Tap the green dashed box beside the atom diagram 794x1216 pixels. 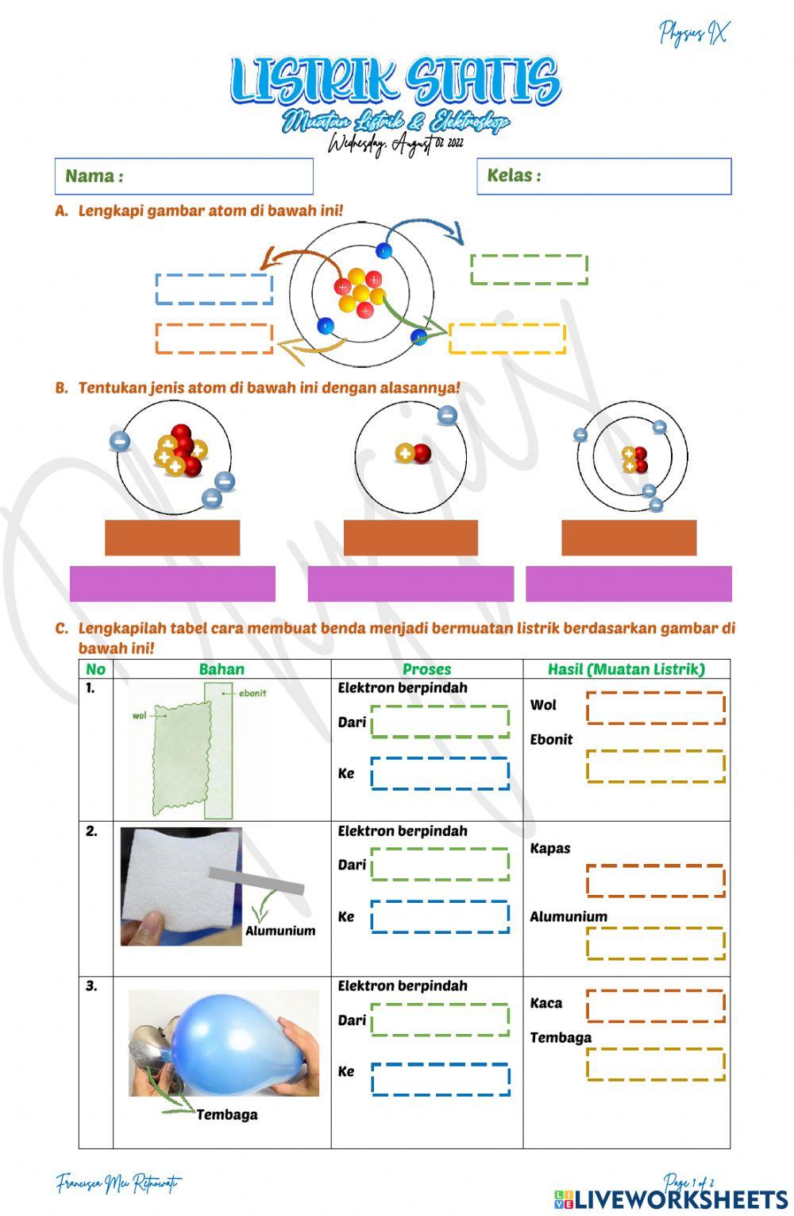(529, 269)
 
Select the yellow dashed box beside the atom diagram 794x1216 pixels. (507, 339)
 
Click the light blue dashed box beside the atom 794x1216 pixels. (214, 289)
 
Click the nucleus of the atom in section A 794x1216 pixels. (360, 292)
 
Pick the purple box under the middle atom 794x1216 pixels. (410, 584)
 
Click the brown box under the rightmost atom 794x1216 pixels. (629, 538)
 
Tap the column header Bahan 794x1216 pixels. (222, 669)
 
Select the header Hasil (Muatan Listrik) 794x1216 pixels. (626, 669)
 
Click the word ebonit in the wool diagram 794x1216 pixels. (252, 693)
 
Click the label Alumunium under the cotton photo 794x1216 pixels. (280, 931)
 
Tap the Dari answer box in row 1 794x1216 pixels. (440, 722)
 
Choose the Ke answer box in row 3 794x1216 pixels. (440, 1079)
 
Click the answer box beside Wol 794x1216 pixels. (656, 708)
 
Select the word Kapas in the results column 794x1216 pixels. (550, 848)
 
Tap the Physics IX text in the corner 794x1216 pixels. (692, 33)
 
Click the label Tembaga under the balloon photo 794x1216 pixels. (227, 1114)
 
